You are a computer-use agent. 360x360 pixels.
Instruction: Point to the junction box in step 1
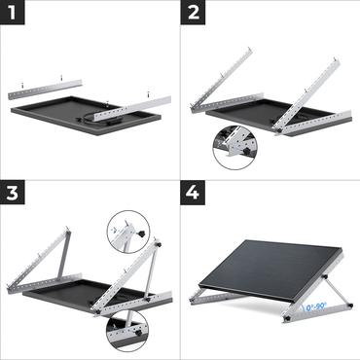[x=105, y=100]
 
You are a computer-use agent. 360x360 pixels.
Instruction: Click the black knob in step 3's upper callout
[x=143, y=235]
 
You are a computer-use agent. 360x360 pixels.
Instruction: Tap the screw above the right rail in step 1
[x=148, y=93]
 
